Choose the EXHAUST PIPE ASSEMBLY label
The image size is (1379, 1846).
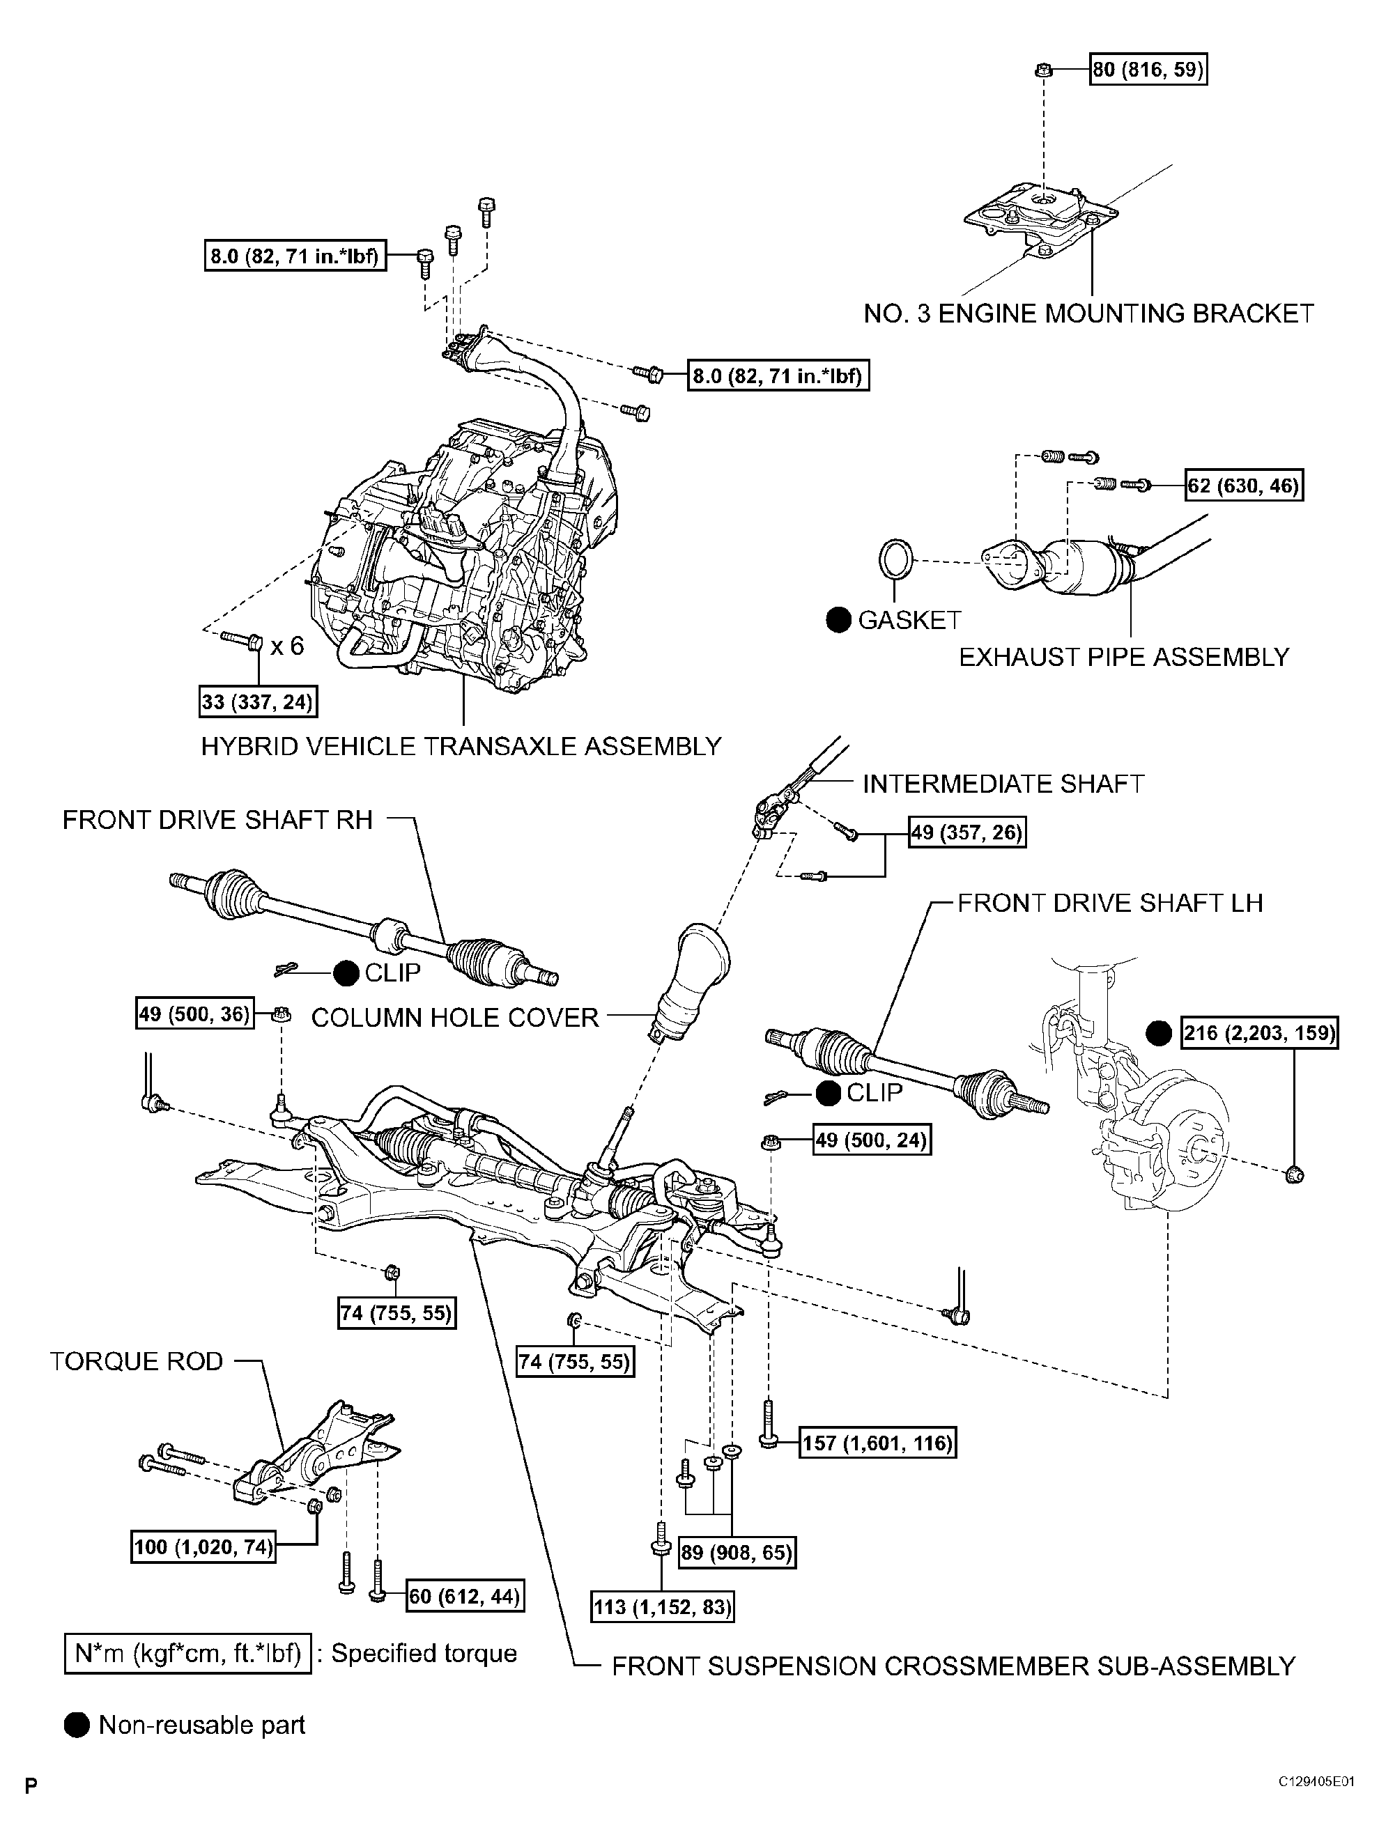pos(1123,658)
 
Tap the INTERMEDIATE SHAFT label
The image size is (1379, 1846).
pos(1003,784)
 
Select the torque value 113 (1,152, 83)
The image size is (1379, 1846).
pos(663,1606)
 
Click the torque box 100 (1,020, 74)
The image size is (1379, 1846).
pos(203,1546)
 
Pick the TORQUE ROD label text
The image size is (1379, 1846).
pos(137,1362)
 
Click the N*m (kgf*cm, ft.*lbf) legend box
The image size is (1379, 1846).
pos(188,1653)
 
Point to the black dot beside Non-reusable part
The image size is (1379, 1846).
pos(77,1725)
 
